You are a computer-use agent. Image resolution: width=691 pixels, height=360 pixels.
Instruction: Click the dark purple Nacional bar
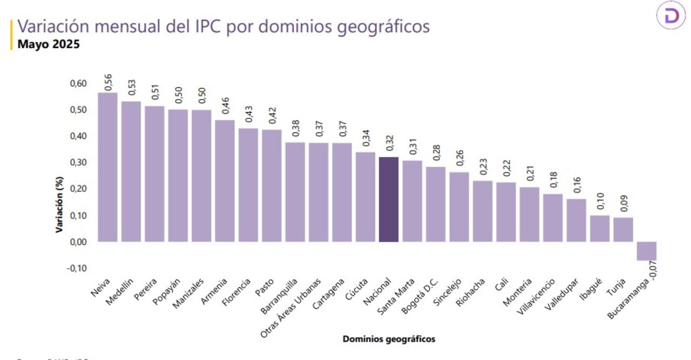tap(389, 200)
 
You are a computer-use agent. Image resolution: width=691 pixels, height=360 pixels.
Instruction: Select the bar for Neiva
tap(107, 167)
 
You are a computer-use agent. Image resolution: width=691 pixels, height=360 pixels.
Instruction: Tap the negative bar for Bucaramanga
tap(646, 251)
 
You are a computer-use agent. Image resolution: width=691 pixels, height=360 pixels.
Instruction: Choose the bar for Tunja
tap(623, 229)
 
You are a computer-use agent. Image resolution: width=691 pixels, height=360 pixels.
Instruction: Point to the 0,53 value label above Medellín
tap(131, 87)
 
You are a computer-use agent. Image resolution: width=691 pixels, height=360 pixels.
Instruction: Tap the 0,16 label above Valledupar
tap(577, 185)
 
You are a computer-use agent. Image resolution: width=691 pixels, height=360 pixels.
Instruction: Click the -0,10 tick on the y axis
tap(77, 268)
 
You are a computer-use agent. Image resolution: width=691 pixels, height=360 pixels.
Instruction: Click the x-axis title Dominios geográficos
tap(389, 339)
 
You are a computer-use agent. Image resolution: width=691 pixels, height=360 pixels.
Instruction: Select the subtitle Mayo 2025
tap(49, 45)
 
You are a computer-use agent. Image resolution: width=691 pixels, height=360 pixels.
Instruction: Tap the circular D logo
tap(671, 16)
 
